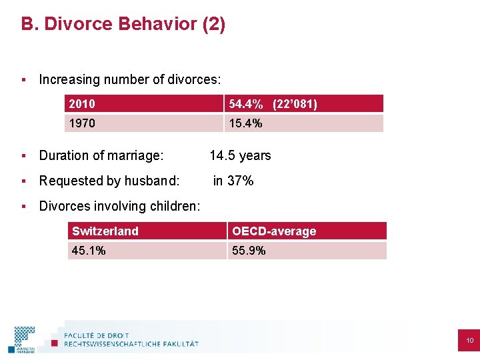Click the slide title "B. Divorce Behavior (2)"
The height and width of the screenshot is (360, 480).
123,25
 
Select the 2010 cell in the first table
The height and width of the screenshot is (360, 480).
144,103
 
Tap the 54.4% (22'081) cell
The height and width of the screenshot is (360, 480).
303,103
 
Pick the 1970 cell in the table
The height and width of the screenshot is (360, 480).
144,123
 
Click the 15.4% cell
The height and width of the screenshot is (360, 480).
303,123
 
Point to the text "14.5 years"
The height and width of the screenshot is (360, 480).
240,155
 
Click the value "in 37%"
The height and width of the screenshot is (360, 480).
233,181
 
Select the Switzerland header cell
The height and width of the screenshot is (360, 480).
147,231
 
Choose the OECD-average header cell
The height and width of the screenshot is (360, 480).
307,231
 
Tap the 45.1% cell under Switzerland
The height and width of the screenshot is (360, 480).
147,251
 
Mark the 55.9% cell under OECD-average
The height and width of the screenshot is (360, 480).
307,251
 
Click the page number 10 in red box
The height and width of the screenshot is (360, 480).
469,341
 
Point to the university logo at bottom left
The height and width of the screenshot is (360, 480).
24,339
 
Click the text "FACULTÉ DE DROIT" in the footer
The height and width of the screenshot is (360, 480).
97,335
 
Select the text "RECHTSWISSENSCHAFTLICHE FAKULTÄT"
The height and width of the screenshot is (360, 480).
131,344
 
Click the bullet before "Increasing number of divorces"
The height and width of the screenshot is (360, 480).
23,79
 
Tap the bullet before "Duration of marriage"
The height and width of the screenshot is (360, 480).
23,155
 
